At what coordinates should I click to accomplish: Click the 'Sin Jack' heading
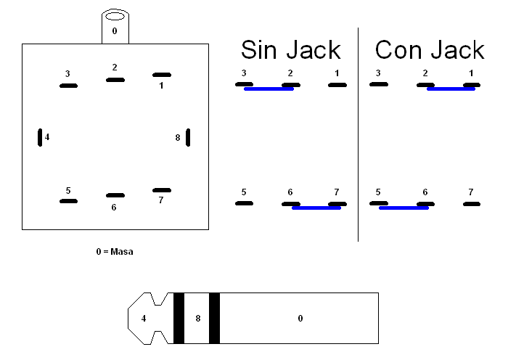(x=290, y=49)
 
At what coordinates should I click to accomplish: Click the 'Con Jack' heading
(x=429, y=49)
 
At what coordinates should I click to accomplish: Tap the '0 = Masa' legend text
(x=115, y=252)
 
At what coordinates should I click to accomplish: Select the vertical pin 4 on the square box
(x=40, y=136)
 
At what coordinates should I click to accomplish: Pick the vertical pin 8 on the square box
(x=188, y=136)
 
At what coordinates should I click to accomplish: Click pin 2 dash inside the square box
(x=115, y=79)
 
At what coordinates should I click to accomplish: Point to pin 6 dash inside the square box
(x=115, y=195)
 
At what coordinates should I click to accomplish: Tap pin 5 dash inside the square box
(x=68, y=201)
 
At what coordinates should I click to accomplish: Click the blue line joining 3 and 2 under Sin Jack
(x=269, y=89)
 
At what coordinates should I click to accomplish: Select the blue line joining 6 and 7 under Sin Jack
(x=316, y=208)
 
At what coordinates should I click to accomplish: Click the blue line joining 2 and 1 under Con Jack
(x=451, y=89)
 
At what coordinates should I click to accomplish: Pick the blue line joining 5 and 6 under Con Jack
(x=404, y=208)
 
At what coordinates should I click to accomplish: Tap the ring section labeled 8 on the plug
(x=197, y=318)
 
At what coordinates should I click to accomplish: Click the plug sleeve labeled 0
(x=299, y=318)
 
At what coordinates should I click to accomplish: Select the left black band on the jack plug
(x=179, y=318)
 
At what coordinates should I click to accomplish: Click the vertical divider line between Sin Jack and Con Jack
(x=358, y=134)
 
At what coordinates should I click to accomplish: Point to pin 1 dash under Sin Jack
(x=337, y=85)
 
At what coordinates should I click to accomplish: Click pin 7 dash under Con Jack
(x=472, y=204)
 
